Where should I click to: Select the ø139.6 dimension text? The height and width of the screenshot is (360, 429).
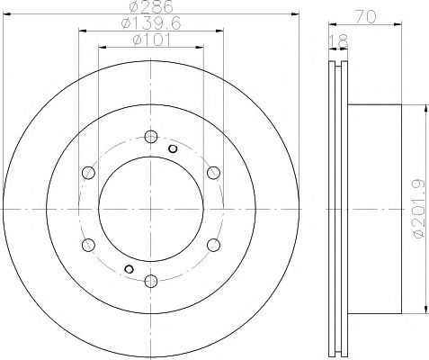coord(151,23)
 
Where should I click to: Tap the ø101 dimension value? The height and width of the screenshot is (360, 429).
coord(151,40)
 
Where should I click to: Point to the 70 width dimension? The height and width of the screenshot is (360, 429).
coord(365,16)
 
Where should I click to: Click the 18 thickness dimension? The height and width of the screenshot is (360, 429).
coord(338,41)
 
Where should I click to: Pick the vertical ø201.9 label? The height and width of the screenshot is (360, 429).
coord(419,209)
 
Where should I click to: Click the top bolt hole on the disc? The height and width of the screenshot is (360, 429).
coord(151,137)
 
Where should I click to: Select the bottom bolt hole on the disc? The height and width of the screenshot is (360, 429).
coord(151,281)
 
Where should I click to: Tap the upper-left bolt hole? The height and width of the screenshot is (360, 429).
coord(88,173)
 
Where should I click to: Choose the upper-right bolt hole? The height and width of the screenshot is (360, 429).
coord(213,173)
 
